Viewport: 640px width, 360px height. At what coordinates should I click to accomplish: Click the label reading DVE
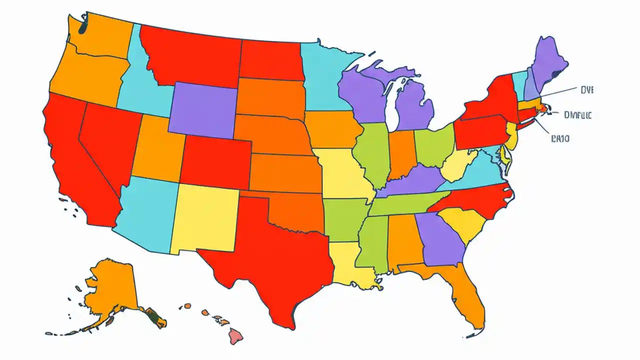586,90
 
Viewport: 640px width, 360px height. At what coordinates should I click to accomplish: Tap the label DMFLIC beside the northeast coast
577,115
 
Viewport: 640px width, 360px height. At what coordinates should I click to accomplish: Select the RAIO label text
560,138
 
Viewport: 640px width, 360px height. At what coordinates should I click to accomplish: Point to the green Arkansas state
345,217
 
